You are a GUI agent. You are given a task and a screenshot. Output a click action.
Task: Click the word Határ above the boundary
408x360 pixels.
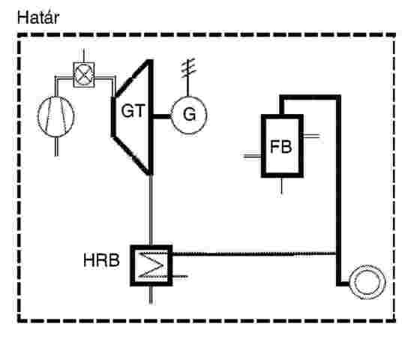coord(38,18)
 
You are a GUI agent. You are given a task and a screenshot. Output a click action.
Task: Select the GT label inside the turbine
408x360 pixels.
coord(133,111)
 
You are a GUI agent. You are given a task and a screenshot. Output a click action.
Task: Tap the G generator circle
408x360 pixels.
coord(189,115)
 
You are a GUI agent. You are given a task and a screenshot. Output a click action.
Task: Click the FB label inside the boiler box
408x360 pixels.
coord(281,146)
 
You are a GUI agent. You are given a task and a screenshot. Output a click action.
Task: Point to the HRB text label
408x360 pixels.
coord(101,260)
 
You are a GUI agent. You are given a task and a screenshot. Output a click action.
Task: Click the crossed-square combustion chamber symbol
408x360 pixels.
coord(84,75)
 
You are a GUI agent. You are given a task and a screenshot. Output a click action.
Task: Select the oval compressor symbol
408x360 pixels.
coord(56,116)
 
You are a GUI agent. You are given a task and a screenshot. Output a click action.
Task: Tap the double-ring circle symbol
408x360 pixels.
coord(367,282)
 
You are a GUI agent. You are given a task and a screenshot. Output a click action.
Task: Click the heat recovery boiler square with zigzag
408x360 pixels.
coord(151,265)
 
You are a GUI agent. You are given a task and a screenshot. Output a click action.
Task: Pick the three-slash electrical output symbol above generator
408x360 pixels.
coord(188,68)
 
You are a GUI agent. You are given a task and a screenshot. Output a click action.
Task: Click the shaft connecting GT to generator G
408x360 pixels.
coord(161,116)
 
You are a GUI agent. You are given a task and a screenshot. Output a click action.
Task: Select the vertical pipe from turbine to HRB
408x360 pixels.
coord(151,210)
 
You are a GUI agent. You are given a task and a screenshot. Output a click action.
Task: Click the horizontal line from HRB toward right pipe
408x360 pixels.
coord(254,254)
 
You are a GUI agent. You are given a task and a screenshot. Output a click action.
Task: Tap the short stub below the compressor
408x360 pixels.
coord(56,147)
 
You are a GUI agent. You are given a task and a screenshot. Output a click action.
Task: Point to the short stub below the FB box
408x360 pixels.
coord(281,186)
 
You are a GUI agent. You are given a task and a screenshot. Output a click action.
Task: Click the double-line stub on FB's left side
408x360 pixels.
coord(252,156)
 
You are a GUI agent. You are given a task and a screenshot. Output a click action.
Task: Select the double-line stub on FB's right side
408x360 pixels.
coord(311,136)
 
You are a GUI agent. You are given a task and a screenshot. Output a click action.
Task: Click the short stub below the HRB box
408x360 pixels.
coord(151,295)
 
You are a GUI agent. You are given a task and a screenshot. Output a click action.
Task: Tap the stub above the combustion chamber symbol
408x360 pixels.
coord(84,55)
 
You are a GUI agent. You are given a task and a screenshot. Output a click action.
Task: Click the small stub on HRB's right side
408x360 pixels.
coord(180,276)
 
